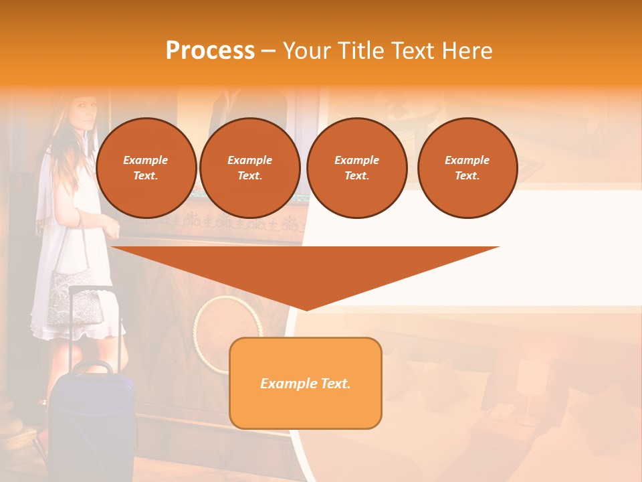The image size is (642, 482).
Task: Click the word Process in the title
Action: pos(210,51)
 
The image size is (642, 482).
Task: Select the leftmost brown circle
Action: pos(146,168)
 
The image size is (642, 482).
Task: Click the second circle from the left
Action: pos(249,168)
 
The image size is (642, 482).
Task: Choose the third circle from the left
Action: pos(356,168)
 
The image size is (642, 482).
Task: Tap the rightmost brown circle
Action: pos(467,168)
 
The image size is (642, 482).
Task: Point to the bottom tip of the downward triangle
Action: pos(306,309)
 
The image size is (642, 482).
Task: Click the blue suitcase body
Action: pos(90,422)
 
